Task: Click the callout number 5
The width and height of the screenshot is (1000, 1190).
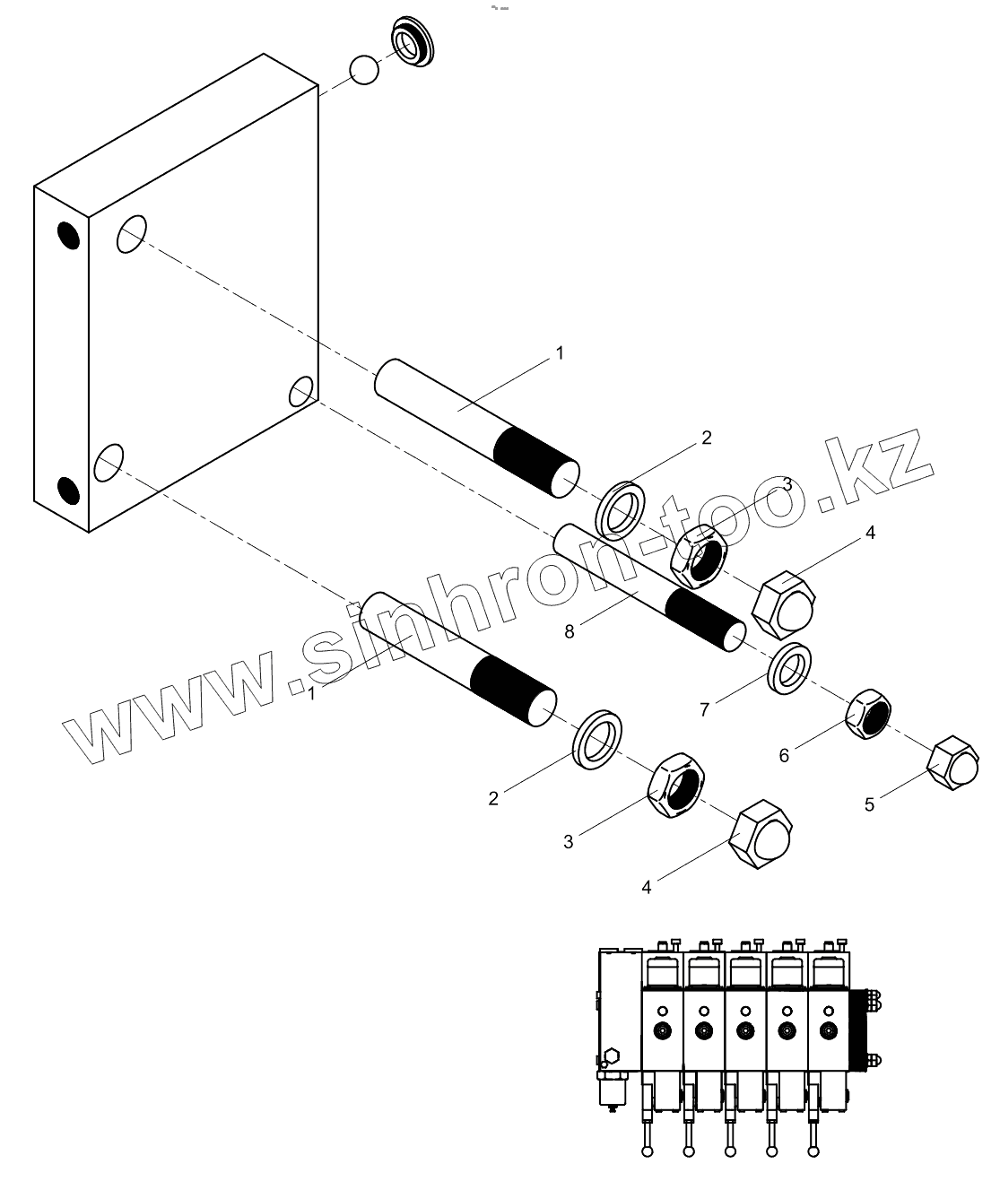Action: pyautogui.click(x=869, y=804)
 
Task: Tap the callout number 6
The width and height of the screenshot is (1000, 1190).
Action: pyautogui.click(x=784, y=756)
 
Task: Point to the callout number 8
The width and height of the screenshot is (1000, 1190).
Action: pyautogui.click(x=570, y=631)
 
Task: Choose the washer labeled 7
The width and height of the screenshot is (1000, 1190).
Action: pyautogui.click(x=790, y=667)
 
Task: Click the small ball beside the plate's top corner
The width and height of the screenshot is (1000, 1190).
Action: pyautogui.click(x=364, y=70)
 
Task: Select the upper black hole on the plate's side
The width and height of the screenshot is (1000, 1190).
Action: pyautogui.click(x=68, y=235)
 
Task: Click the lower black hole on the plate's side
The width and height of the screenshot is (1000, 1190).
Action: pyautogui.click(x=68, y=490)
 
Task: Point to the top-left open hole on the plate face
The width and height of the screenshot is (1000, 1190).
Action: pyautogui.click(x=131, y=233)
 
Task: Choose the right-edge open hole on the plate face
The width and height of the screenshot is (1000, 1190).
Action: pyautogui.click(x=301, y=392)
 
